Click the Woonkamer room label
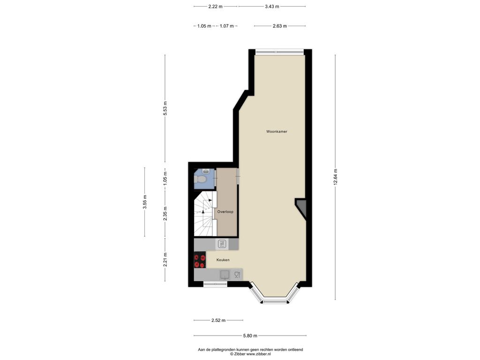coord(277,132)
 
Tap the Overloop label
coord(225,211)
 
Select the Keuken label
coord(223,260)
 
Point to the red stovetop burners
coord(200,262)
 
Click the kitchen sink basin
coord(225,275)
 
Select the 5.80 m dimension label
coord(250,336)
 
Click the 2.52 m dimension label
coord(218,320)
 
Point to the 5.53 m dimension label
coord(165,108)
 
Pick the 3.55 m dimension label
coord(145,202)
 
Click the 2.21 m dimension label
coord(165,260)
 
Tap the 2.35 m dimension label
coord(165,214)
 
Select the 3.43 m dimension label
coord(272,7)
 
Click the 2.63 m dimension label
coord(280,26)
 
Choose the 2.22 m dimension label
coord(216,7)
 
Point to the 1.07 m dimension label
coord(227,26)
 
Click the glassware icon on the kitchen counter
coord(237,275)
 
